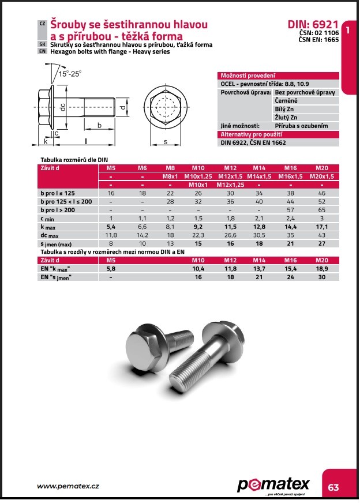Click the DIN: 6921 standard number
[312, 25]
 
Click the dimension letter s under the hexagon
[166, 141]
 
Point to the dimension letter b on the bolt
[99, 125]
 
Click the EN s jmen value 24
[291, 277]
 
